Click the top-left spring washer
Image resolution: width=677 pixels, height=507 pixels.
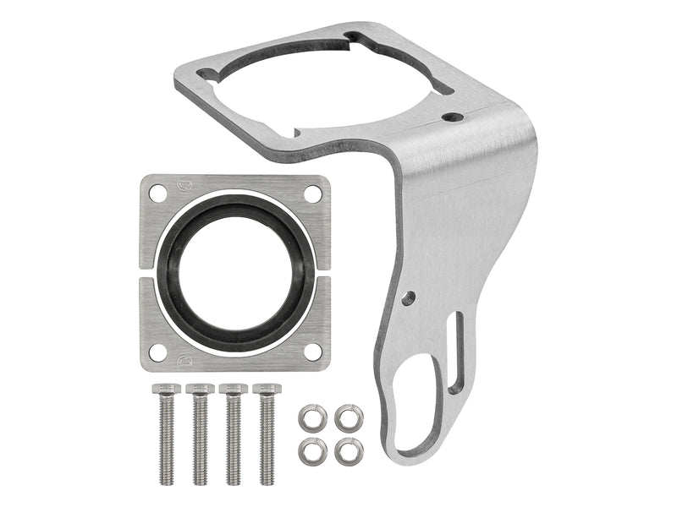[312, 417]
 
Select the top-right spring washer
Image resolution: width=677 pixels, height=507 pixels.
[349, 417]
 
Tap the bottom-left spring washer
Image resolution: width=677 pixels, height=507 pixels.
[312, 450]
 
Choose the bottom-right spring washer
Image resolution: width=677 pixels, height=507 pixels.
[349, 450]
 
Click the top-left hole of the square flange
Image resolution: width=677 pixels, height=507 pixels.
[157, 193]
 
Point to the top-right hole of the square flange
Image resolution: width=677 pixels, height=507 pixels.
[312, 193]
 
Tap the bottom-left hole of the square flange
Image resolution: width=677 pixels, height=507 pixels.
[157, 352]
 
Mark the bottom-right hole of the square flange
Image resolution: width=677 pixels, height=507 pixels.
[312, 352]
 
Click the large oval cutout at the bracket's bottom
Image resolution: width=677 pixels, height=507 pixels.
[415, 406]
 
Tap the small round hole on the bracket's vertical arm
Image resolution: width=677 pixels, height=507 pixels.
[409, 297]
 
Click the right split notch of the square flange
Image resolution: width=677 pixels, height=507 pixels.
[322, 273]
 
